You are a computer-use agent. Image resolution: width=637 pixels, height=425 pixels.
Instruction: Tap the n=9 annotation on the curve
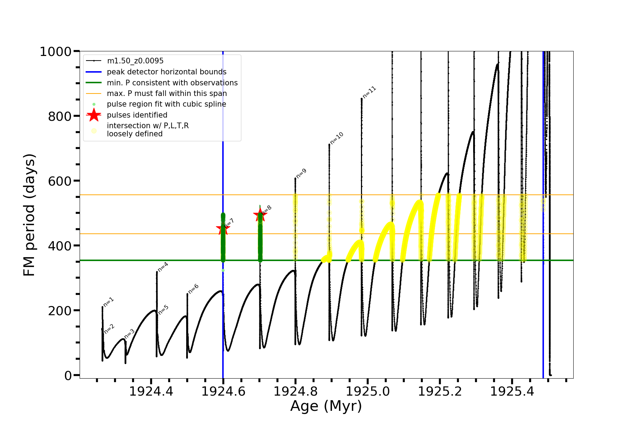pyautogui.click(x=301, y=174)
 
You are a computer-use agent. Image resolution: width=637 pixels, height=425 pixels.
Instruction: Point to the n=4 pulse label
pyautogui.click(x=163, y=267)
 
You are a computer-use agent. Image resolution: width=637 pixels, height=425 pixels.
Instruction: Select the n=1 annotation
pyautogui.click(x=109, y=302)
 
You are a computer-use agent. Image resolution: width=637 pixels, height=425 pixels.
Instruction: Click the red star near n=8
pyautogui.click(x=260, y=215)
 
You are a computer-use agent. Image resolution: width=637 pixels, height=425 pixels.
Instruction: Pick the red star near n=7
pyautogui.click(x=223, y=228)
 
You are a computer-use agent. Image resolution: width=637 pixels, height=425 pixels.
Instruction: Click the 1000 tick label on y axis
pyautogui.click(x=56, y=52)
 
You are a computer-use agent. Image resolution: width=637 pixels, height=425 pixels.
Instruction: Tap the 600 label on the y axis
pyautogui.click(x=59, y=181)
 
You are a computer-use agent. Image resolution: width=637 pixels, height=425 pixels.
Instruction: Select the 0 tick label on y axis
pyautogui.click(x=68, y=375)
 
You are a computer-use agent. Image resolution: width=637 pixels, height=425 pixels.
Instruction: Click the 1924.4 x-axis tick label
pyautogui.click(x=151, y=391)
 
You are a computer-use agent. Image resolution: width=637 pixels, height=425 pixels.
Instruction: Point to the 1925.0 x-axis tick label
pyautogui.click(x=368, y=391)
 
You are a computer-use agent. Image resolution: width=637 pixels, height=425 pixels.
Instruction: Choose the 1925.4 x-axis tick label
pyautogui.click(x=512, y=391)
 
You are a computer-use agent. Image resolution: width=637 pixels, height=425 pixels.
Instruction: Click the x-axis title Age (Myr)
pyautogui.click(x=326, y=406)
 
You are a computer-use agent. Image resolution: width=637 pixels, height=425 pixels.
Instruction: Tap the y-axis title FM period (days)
pyautogui.click(x=29, y=215)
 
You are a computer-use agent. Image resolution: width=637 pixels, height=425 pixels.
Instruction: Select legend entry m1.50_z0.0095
pyautogui.click(x=135, y=61)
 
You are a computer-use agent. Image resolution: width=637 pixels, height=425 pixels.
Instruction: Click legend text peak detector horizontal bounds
pyautogui.click(x=167, y=72)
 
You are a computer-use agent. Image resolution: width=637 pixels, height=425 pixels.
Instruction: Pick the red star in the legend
pyautogui.click(x=94, y=115)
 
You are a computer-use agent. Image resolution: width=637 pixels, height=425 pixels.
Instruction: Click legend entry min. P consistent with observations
pyautogui.click(x=172, y=83)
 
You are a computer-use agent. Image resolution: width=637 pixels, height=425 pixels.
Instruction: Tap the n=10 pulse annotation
pyautogui.click(x=337, y=138)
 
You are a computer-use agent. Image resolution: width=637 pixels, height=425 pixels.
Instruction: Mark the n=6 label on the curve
pyautogui.click(x=193, y=289)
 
